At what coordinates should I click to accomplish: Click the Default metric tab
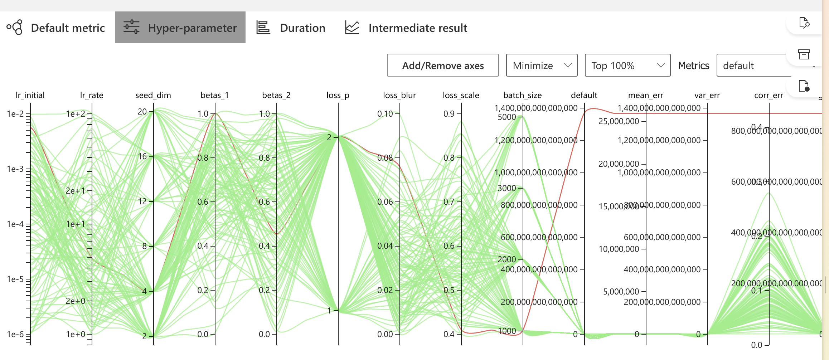(x=56, y=28)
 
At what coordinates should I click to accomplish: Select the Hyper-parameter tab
(x=180, y=28)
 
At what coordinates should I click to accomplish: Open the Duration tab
(x=291, y=28)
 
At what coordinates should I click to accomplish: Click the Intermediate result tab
(x=406, y=28)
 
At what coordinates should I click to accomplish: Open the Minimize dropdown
(x=541, y=65)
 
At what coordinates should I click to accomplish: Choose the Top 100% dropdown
(x=627, y=65)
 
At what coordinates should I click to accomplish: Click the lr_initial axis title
(x=30, y=95)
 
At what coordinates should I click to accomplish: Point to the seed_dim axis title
(x=153, y=95)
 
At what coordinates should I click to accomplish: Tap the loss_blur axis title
(x=399, y=95)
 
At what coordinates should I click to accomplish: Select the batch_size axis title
(x=522, y=95)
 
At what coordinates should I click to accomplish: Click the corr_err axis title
(x=769, y=95)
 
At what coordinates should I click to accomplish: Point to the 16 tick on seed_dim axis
(x=143, y=156)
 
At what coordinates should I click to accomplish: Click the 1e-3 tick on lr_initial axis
(x=15, y=169)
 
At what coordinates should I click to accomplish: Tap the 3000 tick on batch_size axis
(x=507, y=188)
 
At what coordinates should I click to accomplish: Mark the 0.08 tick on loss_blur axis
(x=385, y=158)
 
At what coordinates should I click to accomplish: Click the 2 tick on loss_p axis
(x=329, y=137)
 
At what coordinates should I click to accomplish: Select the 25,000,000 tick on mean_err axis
(x=619, y=121)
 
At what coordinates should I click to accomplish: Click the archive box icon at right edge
(x=804, y=54)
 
